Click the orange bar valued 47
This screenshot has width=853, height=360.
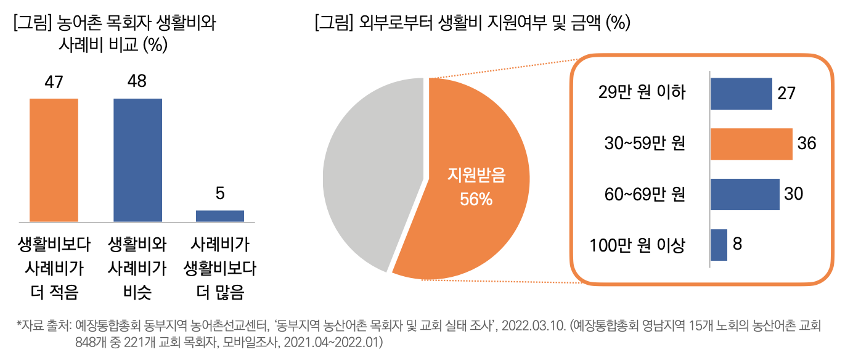pos(54,160)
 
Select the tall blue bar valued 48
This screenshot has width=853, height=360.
pos(137,160)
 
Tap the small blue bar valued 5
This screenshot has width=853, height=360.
pos(220,216)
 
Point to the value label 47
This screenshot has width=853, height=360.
pos(54,83)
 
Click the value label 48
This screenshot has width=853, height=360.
pos(137,83)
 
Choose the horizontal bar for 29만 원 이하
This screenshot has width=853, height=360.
pos(741,94)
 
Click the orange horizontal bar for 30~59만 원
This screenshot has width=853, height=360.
pos(751,144)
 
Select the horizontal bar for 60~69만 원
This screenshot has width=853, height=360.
pos(745,194)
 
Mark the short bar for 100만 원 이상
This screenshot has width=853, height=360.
pos(719,245)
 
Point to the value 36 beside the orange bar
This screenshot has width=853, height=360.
pos(807,144)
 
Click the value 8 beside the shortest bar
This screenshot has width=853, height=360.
pos(737,244)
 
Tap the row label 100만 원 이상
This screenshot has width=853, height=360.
pos(637,245)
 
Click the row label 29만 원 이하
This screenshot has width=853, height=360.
pos(642,94)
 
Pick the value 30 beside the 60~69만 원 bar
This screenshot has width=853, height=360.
pos(793,194)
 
